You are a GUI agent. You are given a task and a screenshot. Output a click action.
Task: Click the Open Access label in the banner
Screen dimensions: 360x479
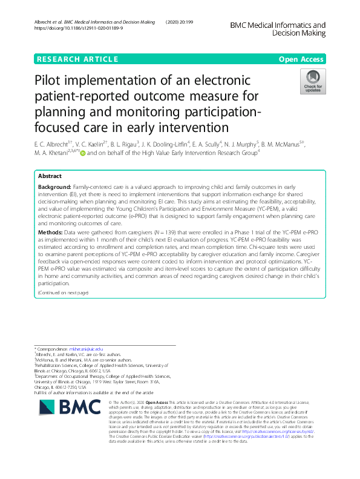(x=302, y=59)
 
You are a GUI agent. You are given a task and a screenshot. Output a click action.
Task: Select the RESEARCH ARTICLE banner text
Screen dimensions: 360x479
(x=77, y=59)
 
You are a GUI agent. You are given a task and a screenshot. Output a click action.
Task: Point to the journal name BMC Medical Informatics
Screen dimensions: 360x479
(x=278, y=26)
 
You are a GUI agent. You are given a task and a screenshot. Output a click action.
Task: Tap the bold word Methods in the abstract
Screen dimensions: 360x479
(x=50, y=249)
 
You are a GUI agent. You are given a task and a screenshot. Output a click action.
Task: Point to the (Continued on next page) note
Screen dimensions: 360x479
(x=63, y=293)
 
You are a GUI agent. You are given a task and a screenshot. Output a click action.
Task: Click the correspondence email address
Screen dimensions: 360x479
(x=87, y=349)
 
